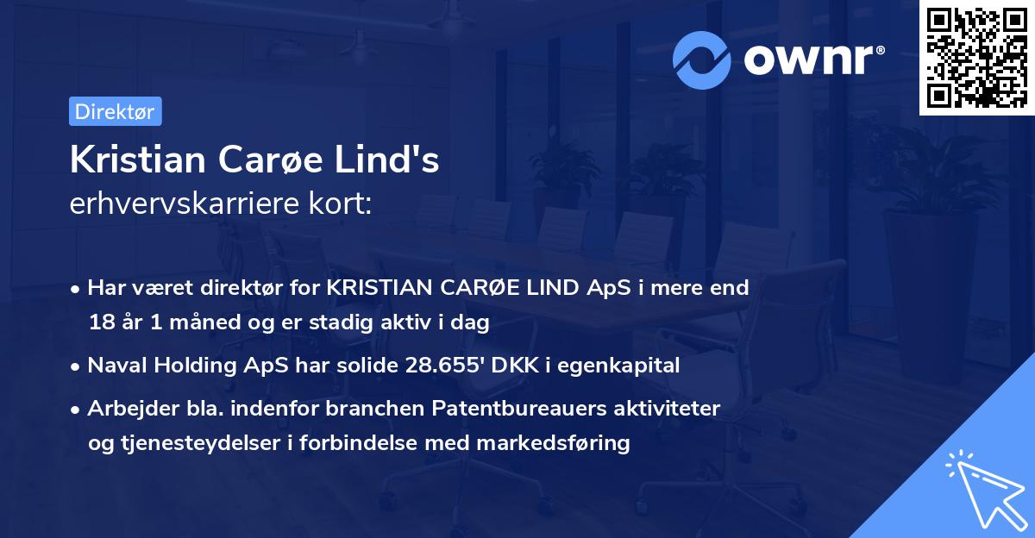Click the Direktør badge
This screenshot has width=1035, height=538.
click(x=115, y=111)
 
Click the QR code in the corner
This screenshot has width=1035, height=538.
click(x=976, y=57)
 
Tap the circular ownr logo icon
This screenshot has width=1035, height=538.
click(x=701, y=60)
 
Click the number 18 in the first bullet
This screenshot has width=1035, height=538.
click(x=100, y=323)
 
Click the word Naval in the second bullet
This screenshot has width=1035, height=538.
click(x=115, y=366)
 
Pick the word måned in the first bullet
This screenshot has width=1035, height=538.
click(x=188, y=323)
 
